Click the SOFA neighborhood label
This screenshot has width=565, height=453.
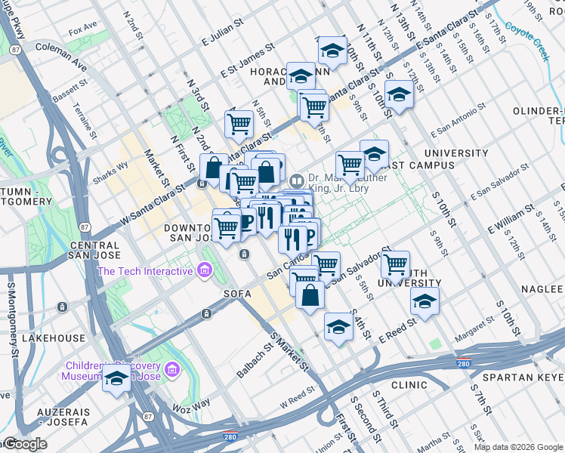pyautogui.click(x=236, y=293)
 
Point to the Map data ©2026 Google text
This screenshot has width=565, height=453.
pyautogui.click(x=517, y=446)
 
